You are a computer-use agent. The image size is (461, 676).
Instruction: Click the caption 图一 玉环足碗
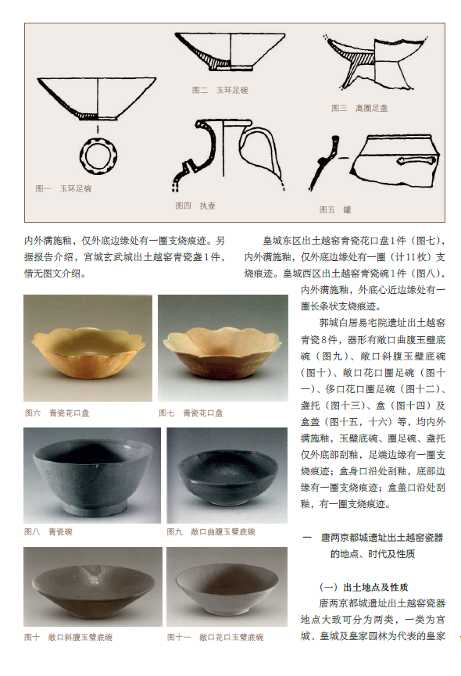[63, 188]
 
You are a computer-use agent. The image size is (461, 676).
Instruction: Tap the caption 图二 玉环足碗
[220, 90]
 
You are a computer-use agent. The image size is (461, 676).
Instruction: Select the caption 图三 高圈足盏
[359, 108]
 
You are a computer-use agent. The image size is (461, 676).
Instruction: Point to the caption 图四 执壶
[195, 206]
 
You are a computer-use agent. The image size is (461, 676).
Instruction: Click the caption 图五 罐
[335, 210]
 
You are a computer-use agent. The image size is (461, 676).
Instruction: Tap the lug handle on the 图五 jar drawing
[416, 160]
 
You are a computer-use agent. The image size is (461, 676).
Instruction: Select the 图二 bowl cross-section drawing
[230, 51]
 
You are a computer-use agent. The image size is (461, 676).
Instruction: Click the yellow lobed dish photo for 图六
[88, 349]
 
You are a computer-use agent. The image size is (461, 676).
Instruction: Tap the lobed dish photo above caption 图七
[223, 349]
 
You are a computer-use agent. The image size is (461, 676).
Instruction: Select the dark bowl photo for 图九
[227, 475]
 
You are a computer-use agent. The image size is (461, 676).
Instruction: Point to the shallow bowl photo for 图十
[93, 587]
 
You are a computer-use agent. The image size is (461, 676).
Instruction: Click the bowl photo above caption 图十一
[227, 587]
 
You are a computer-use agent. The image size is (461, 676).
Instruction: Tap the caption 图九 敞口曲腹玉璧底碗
[211, 532]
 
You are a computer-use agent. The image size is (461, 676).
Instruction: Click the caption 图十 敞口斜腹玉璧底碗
[69, 637]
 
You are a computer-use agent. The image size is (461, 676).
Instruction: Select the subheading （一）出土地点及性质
[364, 587]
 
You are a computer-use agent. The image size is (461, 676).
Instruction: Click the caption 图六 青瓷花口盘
[57, 413]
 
